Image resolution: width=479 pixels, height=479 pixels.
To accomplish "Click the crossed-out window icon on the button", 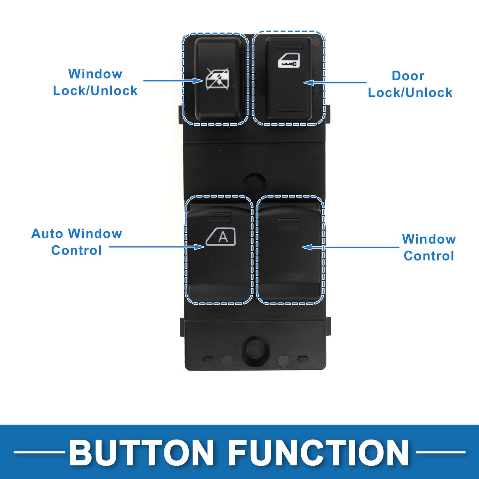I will coord(217,79).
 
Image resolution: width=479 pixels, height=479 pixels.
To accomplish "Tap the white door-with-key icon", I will coord(288,61).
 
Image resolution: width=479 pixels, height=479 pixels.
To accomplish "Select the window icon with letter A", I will coord(221,237).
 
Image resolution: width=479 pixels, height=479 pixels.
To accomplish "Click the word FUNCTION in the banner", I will coord(318,452).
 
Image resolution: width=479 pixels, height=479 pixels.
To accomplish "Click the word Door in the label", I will coord(408,76).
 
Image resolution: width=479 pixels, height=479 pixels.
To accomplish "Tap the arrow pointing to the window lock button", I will coord(172,81).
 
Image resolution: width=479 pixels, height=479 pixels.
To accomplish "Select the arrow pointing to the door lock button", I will coord(335,83).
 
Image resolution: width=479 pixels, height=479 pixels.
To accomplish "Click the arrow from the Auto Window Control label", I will coord(156,247).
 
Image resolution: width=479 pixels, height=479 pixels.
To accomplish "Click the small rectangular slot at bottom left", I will coord(208,359).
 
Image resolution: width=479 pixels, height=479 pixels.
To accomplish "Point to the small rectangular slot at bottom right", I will coord(303,359).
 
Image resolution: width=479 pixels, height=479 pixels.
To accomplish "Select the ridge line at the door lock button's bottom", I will coord(289,110).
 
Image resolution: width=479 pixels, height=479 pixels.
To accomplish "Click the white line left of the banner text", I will coord(39,452).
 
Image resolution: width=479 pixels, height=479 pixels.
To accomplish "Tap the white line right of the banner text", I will coord(441,452).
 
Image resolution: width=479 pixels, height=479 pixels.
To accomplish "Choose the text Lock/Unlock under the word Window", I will coord(95,91).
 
